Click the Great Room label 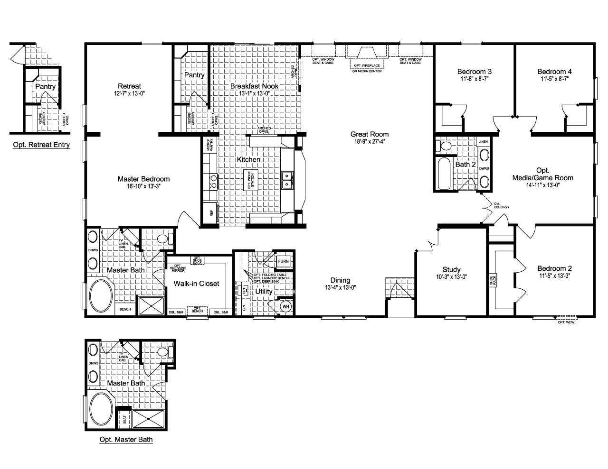pos(370,134)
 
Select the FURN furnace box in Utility pos(283,261)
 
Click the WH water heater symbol pos(285,306)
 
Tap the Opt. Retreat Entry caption pos(41,145)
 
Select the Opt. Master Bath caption pos(126,439)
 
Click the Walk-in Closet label pos(196,284)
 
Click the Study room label pos(451,269)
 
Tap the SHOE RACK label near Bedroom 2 pos(494,280)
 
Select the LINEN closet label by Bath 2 pos(483,142)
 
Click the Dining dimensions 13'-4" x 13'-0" pos(341,287)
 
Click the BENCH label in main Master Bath pos(125,309)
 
